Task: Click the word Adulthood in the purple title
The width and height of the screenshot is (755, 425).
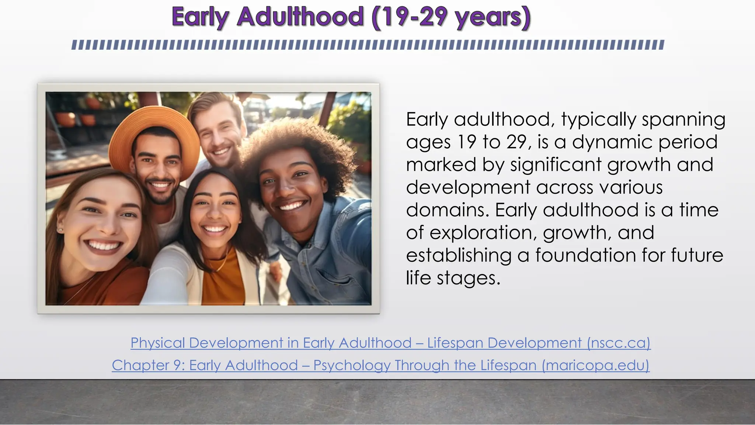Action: (x=300, y=17)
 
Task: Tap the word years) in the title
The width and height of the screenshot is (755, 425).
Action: (x=493, y=18)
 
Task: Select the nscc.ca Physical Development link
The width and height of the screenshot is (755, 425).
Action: (x=390, y=343)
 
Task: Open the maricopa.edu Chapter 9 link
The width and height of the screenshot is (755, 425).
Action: (x=380, y=365)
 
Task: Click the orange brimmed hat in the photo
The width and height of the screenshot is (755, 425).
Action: (x=155, y=125)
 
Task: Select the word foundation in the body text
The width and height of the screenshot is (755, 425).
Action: (x=586, y=255)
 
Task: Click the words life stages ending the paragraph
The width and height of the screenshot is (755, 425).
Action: (x=453, y=278)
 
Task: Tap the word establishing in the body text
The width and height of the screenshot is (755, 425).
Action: (x=459, y=255)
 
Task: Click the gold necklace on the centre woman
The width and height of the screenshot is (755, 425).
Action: (x=221, y=264)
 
